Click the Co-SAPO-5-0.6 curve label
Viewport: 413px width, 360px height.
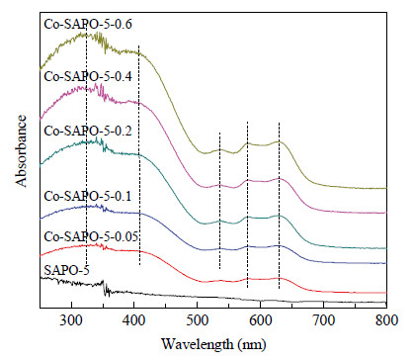click(88, 25)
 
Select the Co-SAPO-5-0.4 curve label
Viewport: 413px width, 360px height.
click(88, 76)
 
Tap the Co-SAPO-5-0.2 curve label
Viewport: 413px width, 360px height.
click(88, 131)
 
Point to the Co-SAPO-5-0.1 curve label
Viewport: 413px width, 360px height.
click(88, 196)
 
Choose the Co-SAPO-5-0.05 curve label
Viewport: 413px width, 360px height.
click(91, 236)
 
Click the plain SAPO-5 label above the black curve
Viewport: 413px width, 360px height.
click(66, 270)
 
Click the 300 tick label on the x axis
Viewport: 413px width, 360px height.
click(71, 320)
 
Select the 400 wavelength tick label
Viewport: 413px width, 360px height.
click(134, 320)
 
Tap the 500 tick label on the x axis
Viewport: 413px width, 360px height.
click(197, 320)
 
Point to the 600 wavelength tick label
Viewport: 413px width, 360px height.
click(260, 320)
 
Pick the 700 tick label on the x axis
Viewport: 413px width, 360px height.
click(323, 320)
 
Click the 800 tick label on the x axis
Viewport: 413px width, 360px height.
click(386, 320)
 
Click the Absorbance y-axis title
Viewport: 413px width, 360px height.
click(21, 151)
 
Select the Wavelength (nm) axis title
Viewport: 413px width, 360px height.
click(213, 344)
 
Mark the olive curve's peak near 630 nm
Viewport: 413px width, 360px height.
click(279, 141)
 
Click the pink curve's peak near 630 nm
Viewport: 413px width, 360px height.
click(279, 178)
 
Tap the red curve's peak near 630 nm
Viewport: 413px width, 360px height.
click(279, 279)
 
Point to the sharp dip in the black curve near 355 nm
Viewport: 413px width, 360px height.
click(106, 293)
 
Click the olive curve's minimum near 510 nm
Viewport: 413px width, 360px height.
click(205, 153)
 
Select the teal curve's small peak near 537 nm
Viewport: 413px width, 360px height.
click(220, 221)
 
